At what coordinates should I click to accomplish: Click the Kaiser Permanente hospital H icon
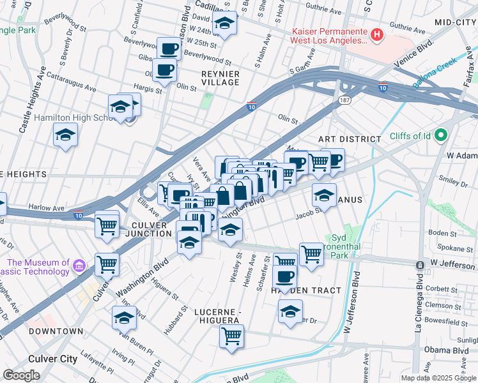click(x=377, y=34)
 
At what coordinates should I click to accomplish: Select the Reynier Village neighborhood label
click(x=220, y=79)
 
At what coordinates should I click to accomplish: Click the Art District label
click(x=349, y=139)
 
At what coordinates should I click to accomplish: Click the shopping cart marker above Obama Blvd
click(x=231, y=336)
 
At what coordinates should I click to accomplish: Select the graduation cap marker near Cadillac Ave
click(x=225, y=24)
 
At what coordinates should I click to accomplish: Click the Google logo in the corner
click(x=21, y=375)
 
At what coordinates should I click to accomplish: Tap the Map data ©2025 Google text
click(x=438, y=378)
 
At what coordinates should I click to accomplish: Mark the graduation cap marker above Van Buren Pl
click(x=124, y=317)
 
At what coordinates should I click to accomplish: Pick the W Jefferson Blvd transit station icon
click(x=420, y=264)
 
